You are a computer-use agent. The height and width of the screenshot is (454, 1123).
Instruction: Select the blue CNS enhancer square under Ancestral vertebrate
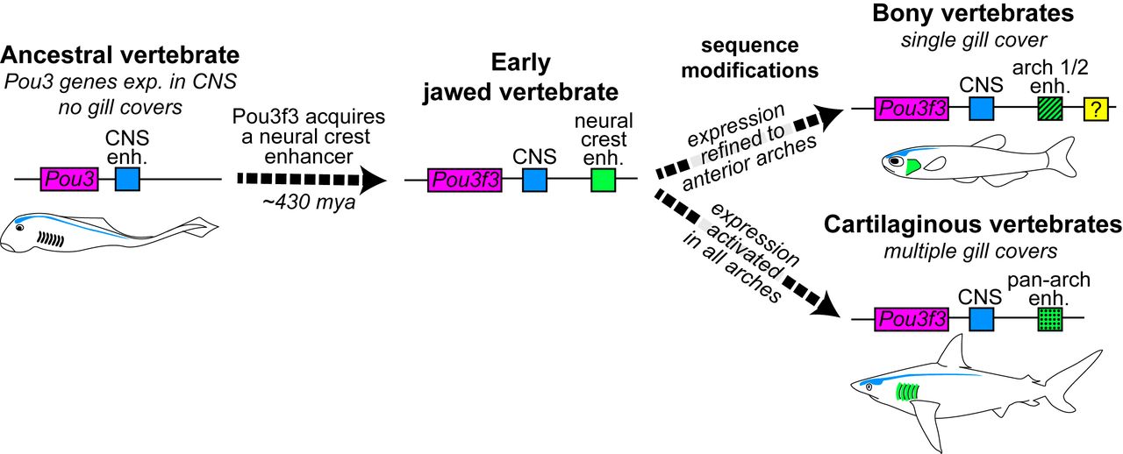click(128, 179)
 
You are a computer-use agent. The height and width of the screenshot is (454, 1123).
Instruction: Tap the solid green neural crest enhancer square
click(603, 181)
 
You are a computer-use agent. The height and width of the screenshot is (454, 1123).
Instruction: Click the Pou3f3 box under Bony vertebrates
click(912, 109)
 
